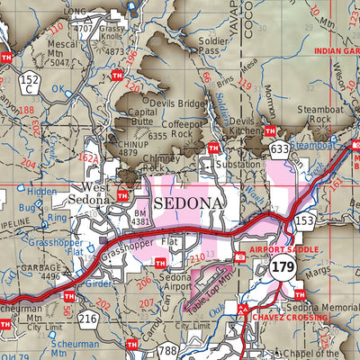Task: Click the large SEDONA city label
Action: [x=188, y=203]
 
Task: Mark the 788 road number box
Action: [x=167, y=351]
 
